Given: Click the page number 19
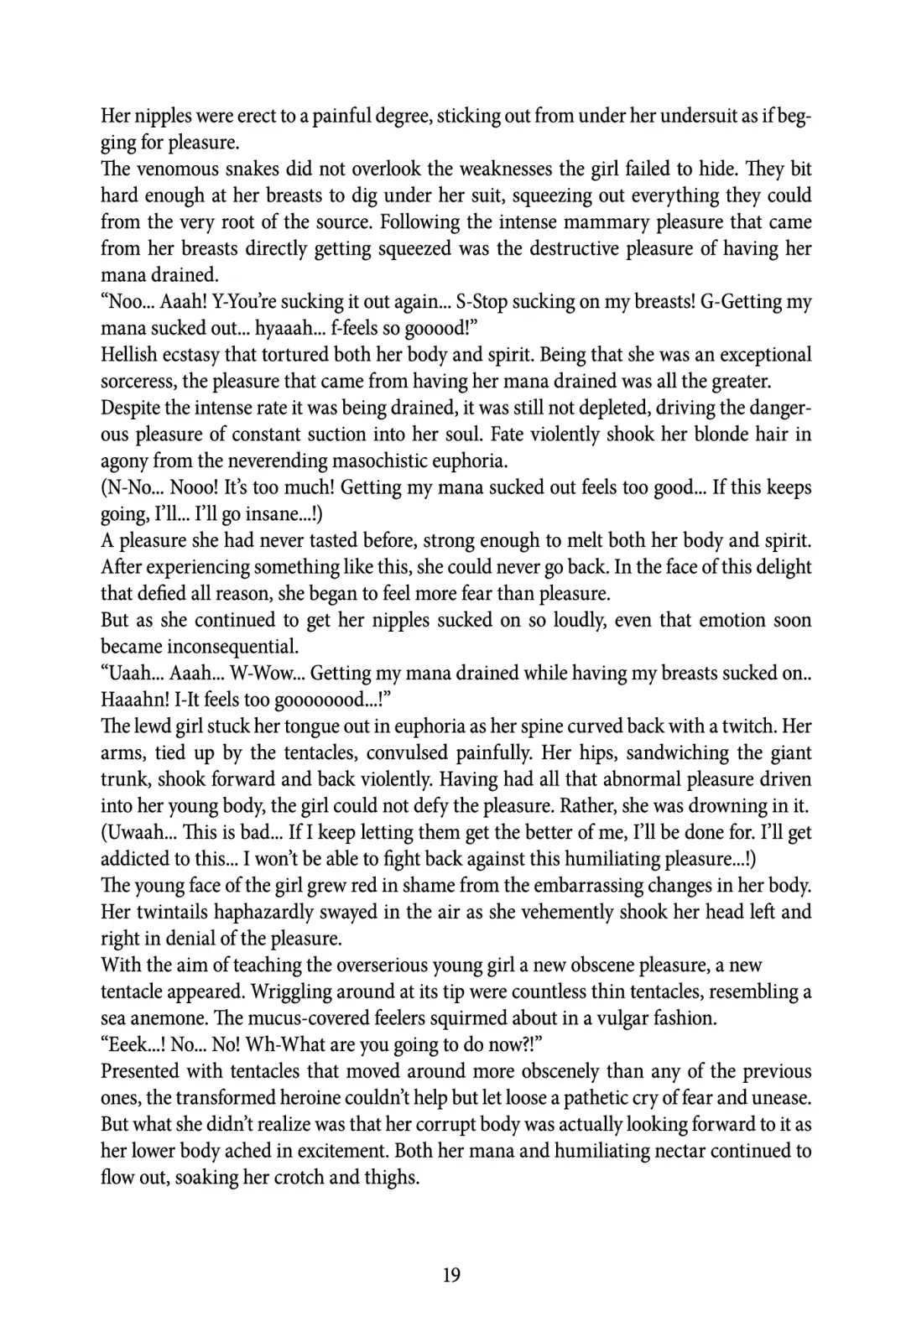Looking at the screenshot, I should pyautogui.click(x=451, y=1276).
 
